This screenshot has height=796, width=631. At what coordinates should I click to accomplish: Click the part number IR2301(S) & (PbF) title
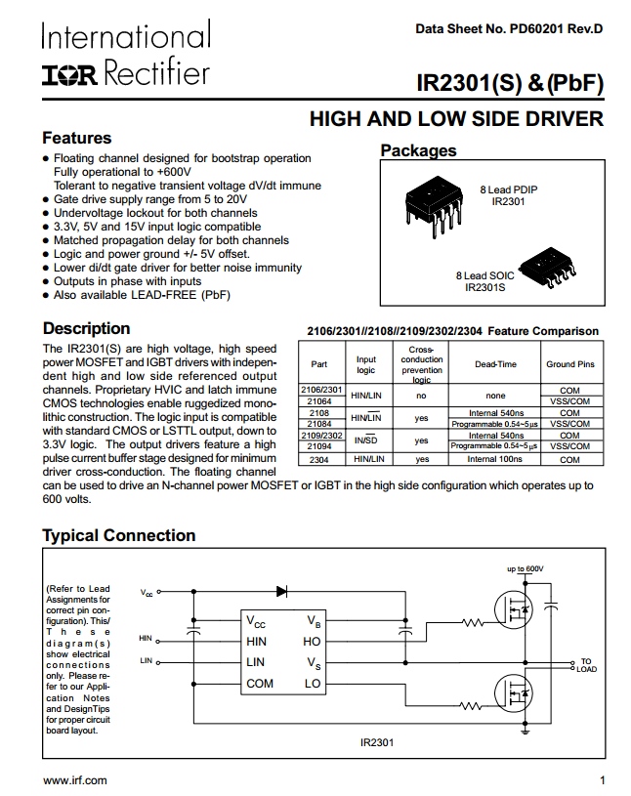pyautogui.click(x=509, y=83)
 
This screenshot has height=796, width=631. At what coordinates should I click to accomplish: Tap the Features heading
pyautogui.click(x=76, y=139)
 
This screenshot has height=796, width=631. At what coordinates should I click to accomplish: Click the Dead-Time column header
pyautogui.click(x=495, y=364)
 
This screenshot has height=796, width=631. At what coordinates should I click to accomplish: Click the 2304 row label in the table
pyautogui.click(x=319, y=458)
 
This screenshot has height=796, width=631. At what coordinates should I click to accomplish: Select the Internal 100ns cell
pyautogui.click(x=495, y=458)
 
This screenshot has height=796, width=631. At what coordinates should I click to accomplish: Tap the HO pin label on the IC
pyautogui.click(x=313, y=642)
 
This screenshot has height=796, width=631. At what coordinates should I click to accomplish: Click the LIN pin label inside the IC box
pyautogui.click(x=255, y=662)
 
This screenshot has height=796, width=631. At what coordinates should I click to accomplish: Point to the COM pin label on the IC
pyautogui.click(x=260, y=683)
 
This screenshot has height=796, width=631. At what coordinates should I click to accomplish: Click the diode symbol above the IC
pyautogui.click(x=281, y=591)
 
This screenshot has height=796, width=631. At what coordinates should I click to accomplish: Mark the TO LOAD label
pyautogui.click(x=585, y=665)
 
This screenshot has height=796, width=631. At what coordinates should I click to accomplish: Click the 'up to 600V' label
pyautogui.click(x=525, y=568)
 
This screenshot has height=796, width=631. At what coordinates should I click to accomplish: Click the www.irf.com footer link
pyautogui.click(x=75, y=780)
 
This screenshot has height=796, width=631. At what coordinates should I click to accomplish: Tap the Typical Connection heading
pyautogui.click(x=118, y=535)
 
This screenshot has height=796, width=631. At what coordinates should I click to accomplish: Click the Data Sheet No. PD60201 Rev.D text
pyautogui.click(x=509, y=29)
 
